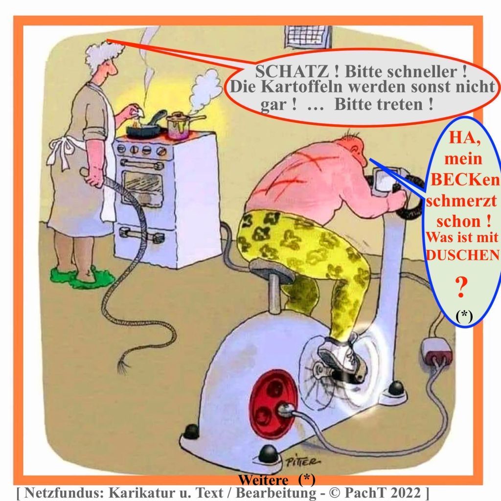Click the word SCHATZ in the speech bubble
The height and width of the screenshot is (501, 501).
click(292, 71)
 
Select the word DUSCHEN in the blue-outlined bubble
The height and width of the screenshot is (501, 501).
click(463, 255)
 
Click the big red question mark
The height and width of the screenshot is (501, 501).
click(461, 287)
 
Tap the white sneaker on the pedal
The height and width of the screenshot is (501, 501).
click(342, 357)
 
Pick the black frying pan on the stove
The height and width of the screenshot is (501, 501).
click(145, 126)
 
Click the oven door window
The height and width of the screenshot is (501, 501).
click(143, 186)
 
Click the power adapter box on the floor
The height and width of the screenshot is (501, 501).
click(437, 350)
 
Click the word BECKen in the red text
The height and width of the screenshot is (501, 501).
click(465, 180)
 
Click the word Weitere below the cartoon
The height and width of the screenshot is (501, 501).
click(263, 480)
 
